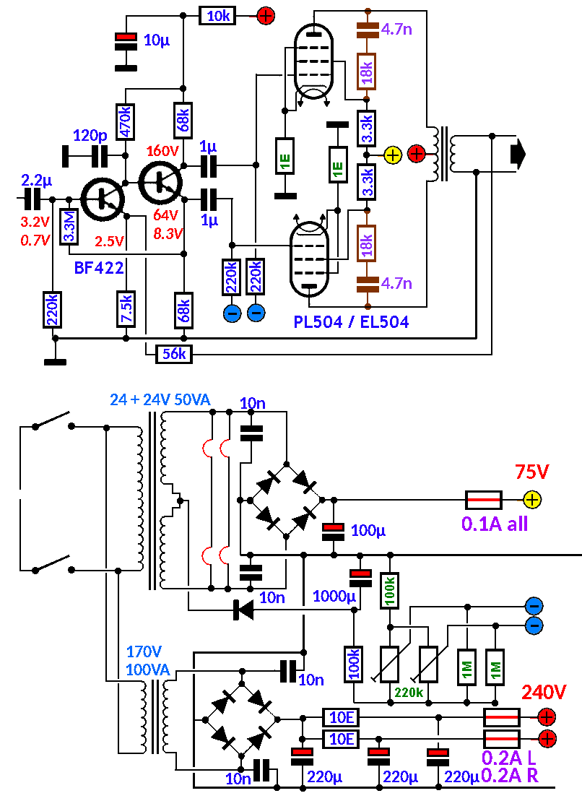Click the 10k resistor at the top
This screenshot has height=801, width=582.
tap(217, 15)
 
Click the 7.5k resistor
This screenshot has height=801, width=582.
tap(126, 308)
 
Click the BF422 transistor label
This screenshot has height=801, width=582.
tap(99, 268)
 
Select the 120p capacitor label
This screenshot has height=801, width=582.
tap(91, 135)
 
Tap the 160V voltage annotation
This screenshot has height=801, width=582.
tap(162, 152)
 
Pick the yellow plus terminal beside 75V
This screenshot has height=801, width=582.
tap(531, 498)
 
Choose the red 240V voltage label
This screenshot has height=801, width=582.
tap(545, 693)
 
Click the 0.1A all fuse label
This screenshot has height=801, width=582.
tap(495, 524)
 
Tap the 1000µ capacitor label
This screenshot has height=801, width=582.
tap(334, 597)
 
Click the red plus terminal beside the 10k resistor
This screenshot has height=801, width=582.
tap(266, 14)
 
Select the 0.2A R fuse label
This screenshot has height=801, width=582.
tap(511, 776)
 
